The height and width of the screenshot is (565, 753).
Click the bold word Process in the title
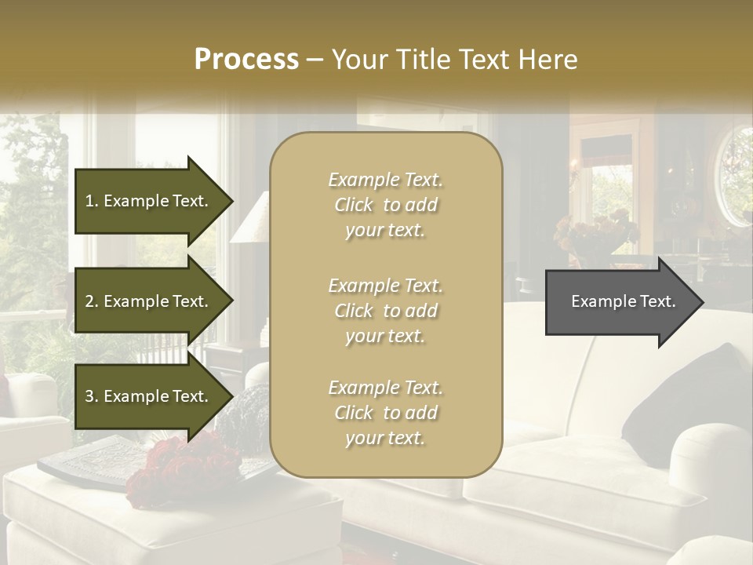(246, 59)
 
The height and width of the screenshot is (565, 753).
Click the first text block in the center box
(385, 205)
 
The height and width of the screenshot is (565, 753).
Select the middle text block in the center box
(385, 310)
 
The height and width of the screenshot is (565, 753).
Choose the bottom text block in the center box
(385, 413)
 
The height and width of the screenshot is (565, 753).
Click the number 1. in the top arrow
(92, 201)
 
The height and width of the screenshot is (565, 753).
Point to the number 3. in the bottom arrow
(92, 396)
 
